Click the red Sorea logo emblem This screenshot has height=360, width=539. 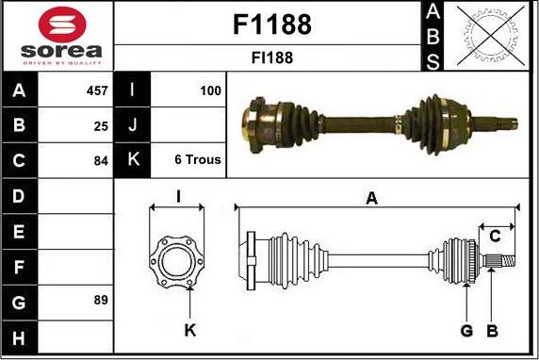click(x=62, y=25)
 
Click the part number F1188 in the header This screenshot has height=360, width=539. click(x=272, y=25)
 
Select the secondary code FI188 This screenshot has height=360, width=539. click(x=272, y=57)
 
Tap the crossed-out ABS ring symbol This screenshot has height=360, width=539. click(x=491, y=36)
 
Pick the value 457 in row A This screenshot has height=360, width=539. click(x=97, y=90)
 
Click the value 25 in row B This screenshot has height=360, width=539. click(x=101, y=126)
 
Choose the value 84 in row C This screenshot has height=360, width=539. click(x=101, y=161)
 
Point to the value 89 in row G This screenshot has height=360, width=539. click(x=101, y=300)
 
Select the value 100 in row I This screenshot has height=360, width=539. click(x=210, y=90)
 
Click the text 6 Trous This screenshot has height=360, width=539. click(x=198, y=159)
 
